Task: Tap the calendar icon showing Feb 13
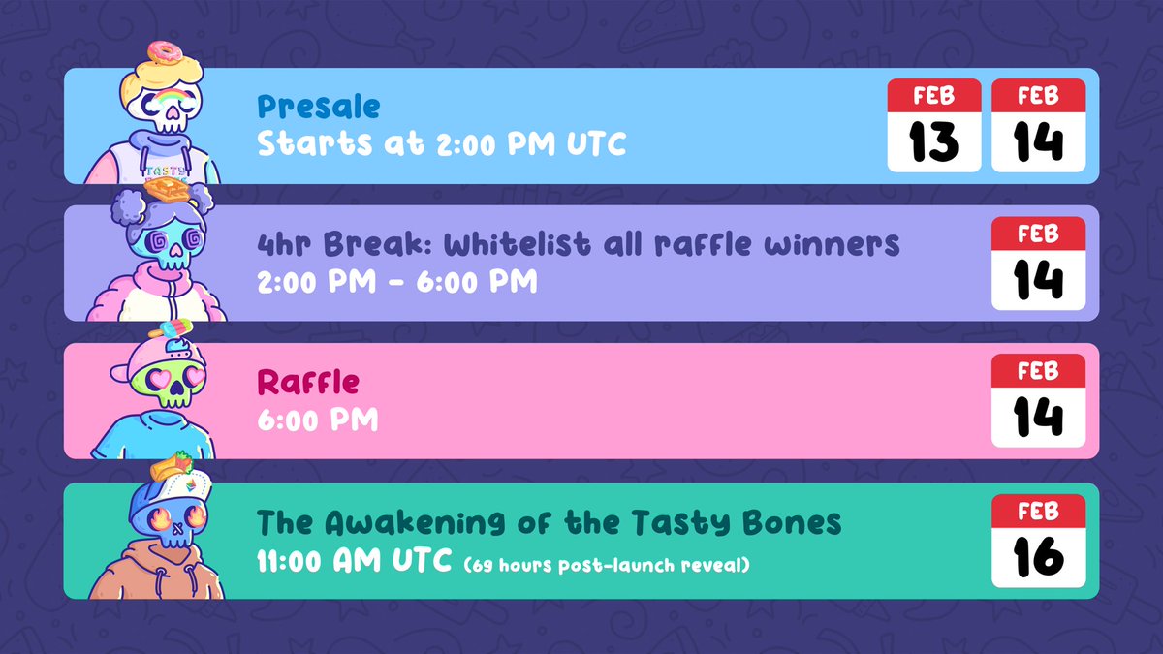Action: [934, 126]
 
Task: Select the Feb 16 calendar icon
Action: [1038, 541]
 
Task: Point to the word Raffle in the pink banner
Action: [307, 382]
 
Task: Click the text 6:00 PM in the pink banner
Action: [317, 420]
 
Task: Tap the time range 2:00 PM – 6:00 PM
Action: [396, 282]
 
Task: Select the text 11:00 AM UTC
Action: [354, 562]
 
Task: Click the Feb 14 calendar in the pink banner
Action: [1038, 401]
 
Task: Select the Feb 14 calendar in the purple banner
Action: [1038, 264]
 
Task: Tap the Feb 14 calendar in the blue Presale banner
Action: [1038, 126]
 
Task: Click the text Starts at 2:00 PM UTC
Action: [441, 144]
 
